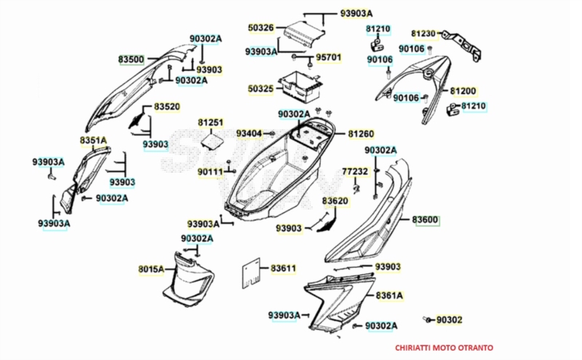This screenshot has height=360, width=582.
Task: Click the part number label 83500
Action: [x=131, y=58]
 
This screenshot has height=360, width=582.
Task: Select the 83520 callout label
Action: [x=167, y=107]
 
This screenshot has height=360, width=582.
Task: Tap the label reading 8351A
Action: [x=93, y=140]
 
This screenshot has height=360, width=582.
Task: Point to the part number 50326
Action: [x=260, y=28]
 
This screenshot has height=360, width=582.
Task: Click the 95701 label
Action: [x=328, y=56]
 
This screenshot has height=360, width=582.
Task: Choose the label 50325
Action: [x=260, y=89]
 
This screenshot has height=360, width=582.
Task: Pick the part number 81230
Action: [x=423, y=33]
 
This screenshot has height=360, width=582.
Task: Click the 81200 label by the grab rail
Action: [x=463, y=91]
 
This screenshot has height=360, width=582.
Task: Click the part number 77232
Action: [x=355, y=172]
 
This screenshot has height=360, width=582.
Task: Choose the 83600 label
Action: [x=426, y=220]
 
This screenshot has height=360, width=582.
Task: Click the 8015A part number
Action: [x=151, y=270]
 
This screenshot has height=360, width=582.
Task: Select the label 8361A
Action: [x=389, y=296]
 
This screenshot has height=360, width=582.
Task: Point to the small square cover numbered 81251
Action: [x=212, y=139]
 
